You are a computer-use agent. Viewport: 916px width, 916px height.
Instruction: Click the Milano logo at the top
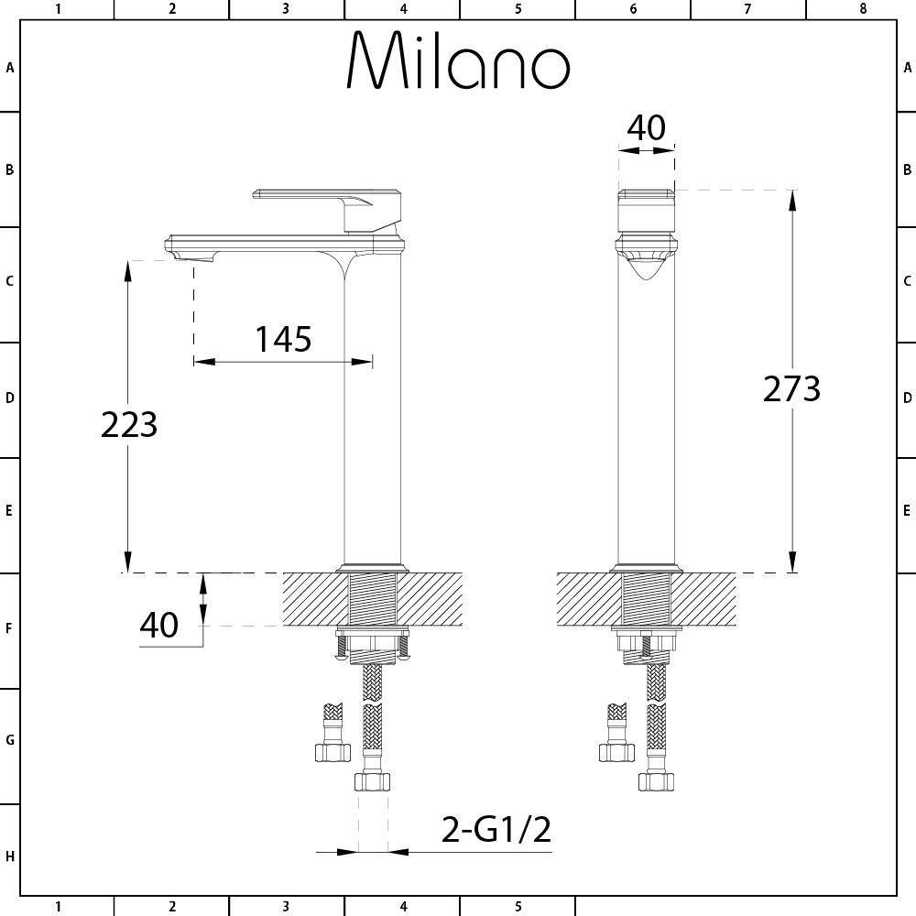click(458, 61)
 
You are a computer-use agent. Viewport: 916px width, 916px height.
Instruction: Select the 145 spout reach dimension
click(283, 340)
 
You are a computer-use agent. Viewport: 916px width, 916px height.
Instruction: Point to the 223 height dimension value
click(129, 425)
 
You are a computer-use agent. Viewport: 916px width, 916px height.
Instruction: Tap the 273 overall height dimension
click(791, 389)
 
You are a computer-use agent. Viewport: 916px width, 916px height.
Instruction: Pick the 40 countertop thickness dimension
click(158, 626)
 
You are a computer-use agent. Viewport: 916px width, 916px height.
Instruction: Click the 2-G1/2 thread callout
click(496, 830)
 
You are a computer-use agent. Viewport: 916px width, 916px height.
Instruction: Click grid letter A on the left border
click(10, 68)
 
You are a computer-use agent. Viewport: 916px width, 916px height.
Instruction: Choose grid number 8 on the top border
click(862, 9)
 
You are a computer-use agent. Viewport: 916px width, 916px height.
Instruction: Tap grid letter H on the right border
click(907, 856)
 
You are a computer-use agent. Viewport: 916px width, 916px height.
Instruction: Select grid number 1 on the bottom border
click(58, 907)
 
